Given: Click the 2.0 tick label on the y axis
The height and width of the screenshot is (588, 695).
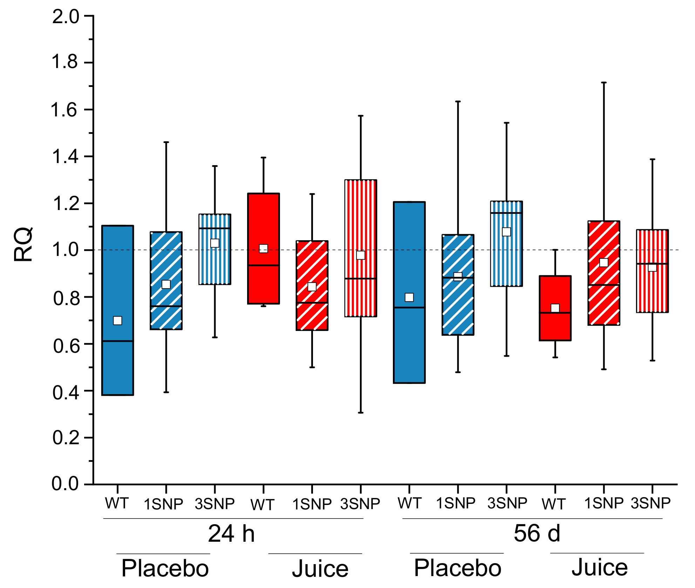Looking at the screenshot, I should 66,17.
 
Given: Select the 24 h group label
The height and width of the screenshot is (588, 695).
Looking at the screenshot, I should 231,534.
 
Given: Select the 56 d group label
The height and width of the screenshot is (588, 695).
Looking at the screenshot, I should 537,533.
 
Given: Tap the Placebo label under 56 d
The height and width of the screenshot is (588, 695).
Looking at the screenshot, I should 457,568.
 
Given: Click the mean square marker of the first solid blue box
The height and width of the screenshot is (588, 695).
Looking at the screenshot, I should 117,320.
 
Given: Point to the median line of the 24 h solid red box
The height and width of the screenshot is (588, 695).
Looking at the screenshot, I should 264,265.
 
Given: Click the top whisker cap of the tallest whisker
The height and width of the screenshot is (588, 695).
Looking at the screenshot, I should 604,83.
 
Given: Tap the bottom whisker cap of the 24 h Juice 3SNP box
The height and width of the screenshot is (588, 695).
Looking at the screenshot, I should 361,413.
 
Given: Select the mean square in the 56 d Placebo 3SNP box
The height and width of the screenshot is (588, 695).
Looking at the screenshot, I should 506,232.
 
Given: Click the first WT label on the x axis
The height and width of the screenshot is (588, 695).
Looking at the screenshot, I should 117,503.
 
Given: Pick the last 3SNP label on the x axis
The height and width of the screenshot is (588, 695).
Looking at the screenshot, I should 650,503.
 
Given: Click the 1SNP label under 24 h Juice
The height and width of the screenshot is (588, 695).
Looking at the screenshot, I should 312,505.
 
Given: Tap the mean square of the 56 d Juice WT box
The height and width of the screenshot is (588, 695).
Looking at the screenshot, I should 555,308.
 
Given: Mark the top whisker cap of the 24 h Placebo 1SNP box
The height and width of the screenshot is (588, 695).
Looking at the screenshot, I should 166,142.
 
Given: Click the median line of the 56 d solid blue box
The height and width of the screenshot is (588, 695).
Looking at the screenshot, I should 409,307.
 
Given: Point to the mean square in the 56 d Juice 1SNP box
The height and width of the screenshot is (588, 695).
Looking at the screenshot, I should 604,263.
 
